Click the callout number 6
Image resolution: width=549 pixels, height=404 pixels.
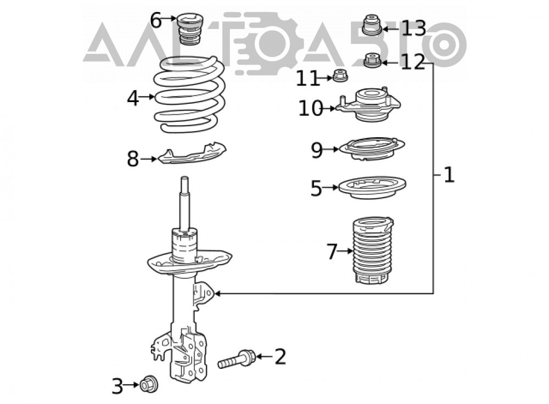click(x=156, y=20)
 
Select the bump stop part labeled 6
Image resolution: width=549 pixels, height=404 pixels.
click(x=190, y=29)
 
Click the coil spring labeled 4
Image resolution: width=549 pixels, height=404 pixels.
click(x=189, y=95)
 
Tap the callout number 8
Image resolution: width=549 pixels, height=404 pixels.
click(x=133, y=159)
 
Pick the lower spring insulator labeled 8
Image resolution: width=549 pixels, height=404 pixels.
click(x=192, y=154)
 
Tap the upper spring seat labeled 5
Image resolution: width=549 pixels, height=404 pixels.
click(x=373, y=187)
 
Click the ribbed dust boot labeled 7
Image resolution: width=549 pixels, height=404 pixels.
click(x=372, y=250)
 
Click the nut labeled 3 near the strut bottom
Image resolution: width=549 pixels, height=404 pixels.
click(x=148, y=384)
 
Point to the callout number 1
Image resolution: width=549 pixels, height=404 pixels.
click(x=449, y=175)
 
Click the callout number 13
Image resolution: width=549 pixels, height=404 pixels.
click(x=413, y=29)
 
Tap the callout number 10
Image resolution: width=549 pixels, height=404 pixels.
click(x=310, y=108)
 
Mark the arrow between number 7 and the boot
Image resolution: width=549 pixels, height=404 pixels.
click(x=345, y=251)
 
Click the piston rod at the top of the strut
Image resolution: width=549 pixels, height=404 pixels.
click(x=184, y=204)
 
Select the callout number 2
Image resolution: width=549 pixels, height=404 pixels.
click(x=281, y=357)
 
